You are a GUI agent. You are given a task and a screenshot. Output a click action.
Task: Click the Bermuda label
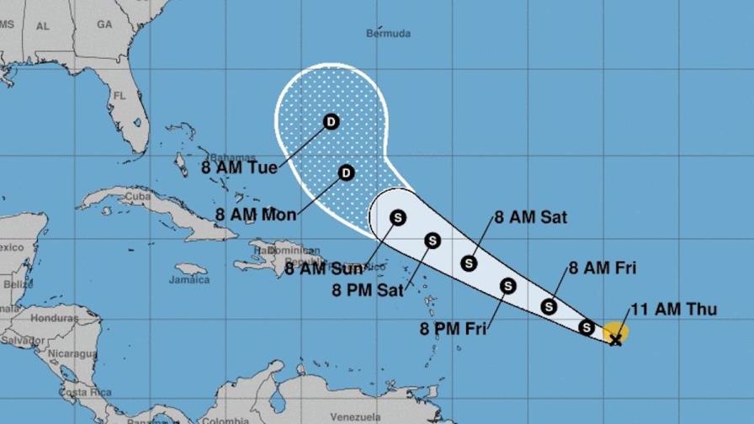389,34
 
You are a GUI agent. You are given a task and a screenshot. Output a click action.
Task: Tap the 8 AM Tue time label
239,167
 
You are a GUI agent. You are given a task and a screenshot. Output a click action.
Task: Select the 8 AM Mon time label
256,214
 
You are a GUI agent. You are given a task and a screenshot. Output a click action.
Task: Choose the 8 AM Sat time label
530,217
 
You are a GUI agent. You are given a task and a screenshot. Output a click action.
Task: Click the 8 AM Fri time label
603,268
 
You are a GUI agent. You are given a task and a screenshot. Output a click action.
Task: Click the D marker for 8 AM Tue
331,122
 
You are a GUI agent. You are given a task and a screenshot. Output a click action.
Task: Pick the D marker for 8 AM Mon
346,173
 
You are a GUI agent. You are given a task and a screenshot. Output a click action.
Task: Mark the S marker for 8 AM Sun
398,218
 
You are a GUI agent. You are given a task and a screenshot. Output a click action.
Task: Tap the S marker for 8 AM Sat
470,263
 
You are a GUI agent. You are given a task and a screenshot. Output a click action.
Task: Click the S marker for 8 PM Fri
507,286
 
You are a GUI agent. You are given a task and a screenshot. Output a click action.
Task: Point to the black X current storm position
616,339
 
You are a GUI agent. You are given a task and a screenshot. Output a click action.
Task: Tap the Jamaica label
188,279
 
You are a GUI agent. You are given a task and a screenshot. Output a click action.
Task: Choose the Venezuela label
356,417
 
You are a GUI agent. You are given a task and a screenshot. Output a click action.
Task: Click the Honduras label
54,320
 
